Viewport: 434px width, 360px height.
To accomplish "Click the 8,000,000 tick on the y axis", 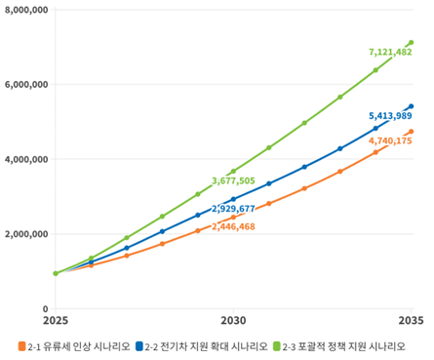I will pyautogui.click(x=25, y=10).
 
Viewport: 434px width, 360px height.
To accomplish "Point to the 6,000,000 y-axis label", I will pyautogui.click(x=25, y=85).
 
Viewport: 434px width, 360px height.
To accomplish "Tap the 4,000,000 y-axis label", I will pyautogui.click(x=25, y=159).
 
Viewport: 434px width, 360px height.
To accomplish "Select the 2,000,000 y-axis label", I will pyautogui.click(x=25, y=234).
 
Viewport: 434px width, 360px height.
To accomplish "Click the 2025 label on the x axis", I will pyautogui.click(x=55, y=320).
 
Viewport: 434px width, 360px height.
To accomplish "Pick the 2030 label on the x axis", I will pyautogui.click(x=232, y=320).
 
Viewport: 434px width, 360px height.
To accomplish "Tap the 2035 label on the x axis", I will pyautogui.click(x=411, y=320).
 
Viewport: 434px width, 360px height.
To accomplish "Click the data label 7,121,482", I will pyautogui.click(x=390, y=52).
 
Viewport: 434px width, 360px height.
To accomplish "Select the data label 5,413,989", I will pyautogui.click(x=390, y=116).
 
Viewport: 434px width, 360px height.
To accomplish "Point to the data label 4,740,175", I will pyautogui.click(x=390, y=141).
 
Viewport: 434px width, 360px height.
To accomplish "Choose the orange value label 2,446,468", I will pyautogui.click(x=232, y=226).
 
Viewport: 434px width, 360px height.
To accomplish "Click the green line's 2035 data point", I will pyautogui.click(x=411, y=43).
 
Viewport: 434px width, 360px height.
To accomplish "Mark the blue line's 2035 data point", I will pyautogui.click(x=411, y=106).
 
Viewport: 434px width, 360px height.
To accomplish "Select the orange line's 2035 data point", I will pyautogui.click(x=411, y=132).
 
